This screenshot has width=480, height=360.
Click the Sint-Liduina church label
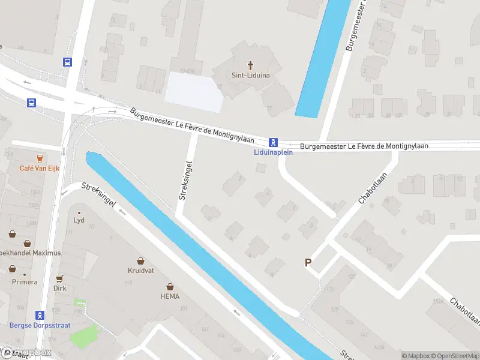[250, 75]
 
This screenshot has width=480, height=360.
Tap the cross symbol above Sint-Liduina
[250, 65]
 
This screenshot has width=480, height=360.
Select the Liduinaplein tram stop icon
[273, 142]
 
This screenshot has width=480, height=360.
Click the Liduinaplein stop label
[272, 152]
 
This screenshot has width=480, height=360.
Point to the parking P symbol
[308, 262]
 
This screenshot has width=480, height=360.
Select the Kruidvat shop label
[140, 271]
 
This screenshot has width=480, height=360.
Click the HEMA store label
[170, 296]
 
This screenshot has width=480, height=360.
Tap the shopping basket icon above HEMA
[170, 286]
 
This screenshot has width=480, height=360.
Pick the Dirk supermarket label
[59, 288]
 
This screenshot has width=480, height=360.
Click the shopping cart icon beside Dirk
[59, 279]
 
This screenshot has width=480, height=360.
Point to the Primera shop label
[25, 282]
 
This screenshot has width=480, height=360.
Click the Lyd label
[79, 220]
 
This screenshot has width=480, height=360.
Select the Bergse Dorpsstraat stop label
[40, 325]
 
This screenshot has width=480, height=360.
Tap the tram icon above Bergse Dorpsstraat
[40, 315]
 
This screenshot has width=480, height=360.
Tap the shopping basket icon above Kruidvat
[140, 261]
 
